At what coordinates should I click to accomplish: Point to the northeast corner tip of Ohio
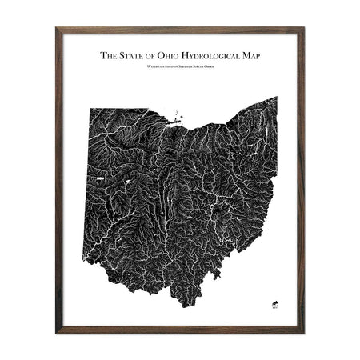(276, 98)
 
